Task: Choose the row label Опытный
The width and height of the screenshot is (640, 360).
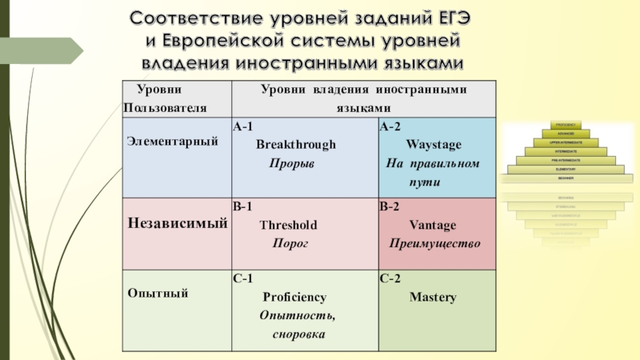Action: click(158, 294)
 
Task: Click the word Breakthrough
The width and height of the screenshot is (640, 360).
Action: click(296, 145)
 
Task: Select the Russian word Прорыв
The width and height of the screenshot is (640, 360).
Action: click(291, 163)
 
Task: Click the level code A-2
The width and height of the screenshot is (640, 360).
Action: click(391, 126)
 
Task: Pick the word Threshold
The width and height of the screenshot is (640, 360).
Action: click(288, 225)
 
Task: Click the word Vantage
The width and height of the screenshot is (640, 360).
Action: click(433, 225)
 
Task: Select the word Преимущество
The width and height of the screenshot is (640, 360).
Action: click(434, 242)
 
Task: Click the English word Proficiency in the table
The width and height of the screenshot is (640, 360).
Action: click(294, 298)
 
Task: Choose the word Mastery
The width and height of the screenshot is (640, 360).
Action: click(433, 298)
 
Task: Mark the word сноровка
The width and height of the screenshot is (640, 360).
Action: click(298, 334)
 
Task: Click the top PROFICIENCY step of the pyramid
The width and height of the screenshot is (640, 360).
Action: click(566, 126)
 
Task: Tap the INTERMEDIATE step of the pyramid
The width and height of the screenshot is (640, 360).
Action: click(566, 151)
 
